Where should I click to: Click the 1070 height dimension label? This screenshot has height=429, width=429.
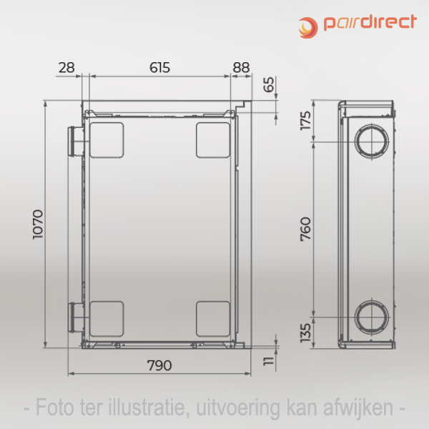[x=39, y=225]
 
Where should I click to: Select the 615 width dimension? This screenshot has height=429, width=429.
[x=159, y=68]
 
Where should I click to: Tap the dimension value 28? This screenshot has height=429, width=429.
[x=66, y=68]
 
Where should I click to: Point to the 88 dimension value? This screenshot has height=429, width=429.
[x=242, y=68]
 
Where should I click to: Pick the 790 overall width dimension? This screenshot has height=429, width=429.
[x=159, y=365]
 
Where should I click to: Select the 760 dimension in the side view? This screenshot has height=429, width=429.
[x=306, y=227]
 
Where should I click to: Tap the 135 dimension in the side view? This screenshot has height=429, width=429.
[x=306, y=332]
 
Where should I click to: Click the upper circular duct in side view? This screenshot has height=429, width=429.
[x=372, y=141]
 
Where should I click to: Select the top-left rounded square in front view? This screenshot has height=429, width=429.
[x=106, y=139]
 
